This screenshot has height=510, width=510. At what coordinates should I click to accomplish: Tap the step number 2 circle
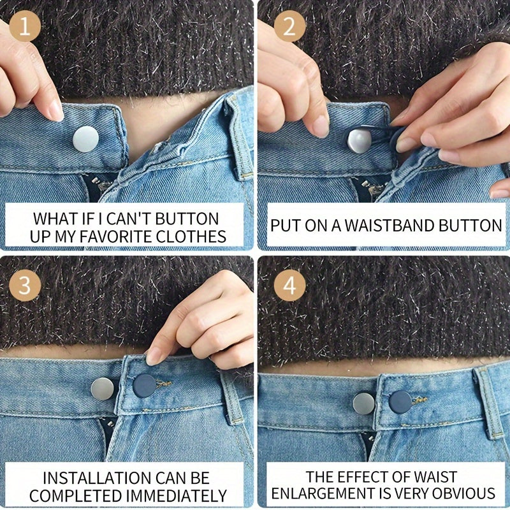(x=289, y=28)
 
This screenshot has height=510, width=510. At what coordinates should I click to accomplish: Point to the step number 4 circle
(x=289, y=286)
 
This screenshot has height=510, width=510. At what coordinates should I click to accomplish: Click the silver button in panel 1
(x=85, y=139)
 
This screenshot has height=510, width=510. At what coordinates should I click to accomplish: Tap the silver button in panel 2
(x=359, y=140)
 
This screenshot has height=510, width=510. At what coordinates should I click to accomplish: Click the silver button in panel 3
(x=103, y=388)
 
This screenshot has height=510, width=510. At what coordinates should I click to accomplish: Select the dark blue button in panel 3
(x=145, y=386)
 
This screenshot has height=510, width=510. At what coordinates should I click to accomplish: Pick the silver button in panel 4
(x=364, y=403)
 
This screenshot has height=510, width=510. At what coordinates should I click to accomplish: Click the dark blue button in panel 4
(x=400, y=402)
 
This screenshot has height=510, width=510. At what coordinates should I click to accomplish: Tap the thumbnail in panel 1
(x=56, y=110)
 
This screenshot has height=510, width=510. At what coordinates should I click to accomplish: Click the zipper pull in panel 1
(x=99, y=187)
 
